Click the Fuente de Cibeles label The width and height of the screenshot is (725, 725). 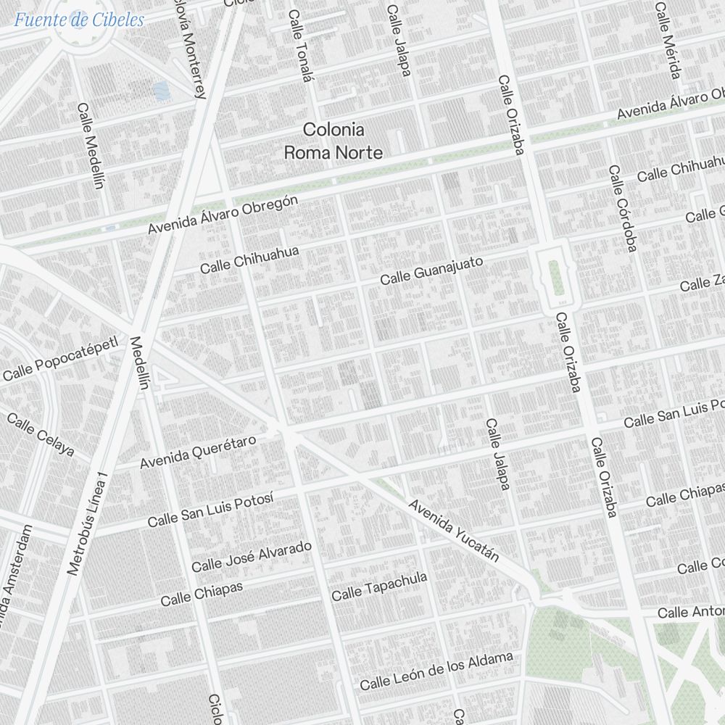click(79, 20)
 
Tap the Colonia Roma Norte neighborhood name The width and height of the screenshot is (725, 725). click(333, 141)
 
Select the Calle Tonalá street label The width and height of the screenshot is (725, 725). click(299, 45)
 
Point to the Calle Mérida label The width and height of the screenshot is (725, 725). click(668, 41)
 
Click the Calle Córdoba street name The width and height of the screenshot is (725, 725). click(622, 209)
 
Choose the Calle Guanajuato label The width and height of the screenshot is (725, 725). click(431, 270)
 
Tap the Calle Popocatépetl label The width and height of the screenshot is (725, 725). click(60, 359)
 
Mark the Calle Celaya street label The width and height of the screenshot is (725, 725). click(41, 434)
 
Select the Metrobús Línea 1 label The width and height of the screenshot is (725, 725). click(87, 524)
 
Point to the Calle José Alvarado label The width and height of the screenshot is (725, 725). click(252, 556)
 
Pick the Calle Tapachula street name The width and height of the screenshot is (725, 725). click(379, 587)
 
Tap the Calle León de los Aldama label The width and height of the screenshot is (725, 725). click(436, 671)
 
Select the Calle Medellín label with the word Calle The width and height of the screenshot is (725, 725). click(91, 145)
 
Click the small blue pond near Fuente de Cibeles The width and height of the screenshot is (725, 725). click(160, 91)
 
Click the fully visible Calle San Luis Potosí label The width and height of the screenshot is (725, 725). click(210, 510)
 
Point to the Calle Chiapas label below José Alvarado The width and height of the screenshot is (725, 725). click(202, 594)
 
